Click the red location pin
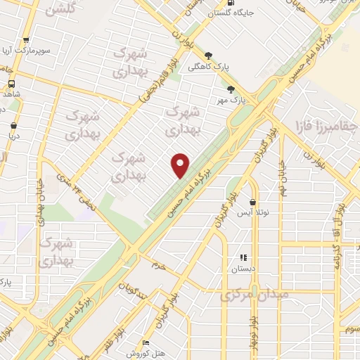pos(181,165)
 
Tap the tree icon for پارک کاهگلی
pos(209,55)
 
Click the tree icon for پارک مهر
pos(231,89)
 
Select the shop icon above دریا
pos(13,126)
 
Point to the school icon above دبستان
pos(244,258)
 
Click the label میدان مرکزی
pos(254,295)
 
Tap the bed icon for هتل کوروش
pos(146,342)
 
